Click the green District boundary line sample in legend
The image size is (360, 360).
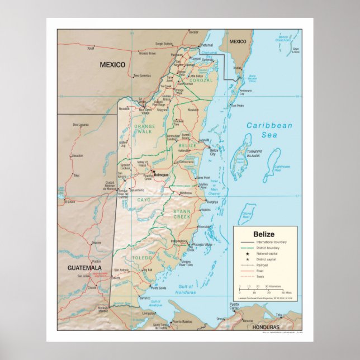245,248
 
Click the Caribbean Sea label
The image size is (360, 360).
269,130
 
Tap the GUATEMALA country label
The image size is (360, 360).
84,268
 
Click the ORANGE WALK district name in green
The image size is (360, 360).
144,130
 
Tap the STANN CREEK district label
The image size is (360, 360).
182,214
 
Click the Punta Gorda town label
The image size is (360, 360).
158,288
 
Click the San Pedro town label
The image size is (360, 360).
237,105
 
